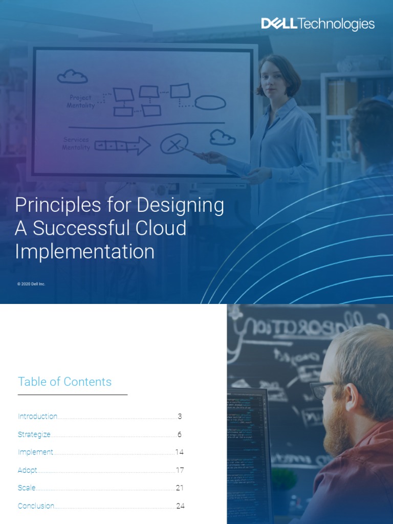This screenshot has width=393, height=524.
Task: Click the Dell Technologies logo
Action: (318, 24)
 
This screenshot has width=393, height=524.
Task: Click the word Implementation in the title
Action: (84, 251)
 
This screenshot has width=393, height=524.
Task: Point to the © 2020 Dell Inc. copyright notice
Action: (31, 284)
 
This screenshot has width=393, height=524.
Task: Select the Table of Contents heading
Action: (64, 382)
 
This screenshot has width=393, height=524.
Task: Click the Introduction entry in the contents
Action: (37, 417)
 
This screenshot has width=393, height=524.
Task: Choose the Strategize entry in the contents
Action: (34, 434)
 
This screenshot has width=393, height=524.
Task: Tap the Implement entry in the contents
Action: (35, 452)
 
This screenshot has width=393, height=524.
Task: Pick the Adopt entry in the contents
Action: (27, 470)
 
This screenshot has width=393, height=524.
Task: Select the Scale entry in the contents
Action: (27, 488)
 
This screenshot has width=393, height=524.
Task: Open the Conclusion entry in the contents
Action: (36, 506)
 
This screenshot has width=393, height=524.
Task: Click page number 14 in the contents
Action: (179, 452)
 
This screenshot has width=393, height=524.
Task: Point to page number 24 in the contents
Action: (180, 506)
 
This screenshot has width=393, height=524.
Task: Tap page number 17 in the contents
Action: (180, 470)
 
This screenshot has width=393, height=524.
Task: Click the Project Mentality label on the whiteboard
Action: (81, 101)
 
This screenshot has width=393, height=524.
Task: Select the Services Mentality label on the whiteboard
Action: (76, 143)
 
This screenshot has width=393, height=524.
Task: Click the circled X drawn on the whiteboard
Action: (173, 145)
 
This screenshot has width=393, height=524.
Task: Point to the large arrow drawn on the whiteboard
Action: (122, 146)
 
